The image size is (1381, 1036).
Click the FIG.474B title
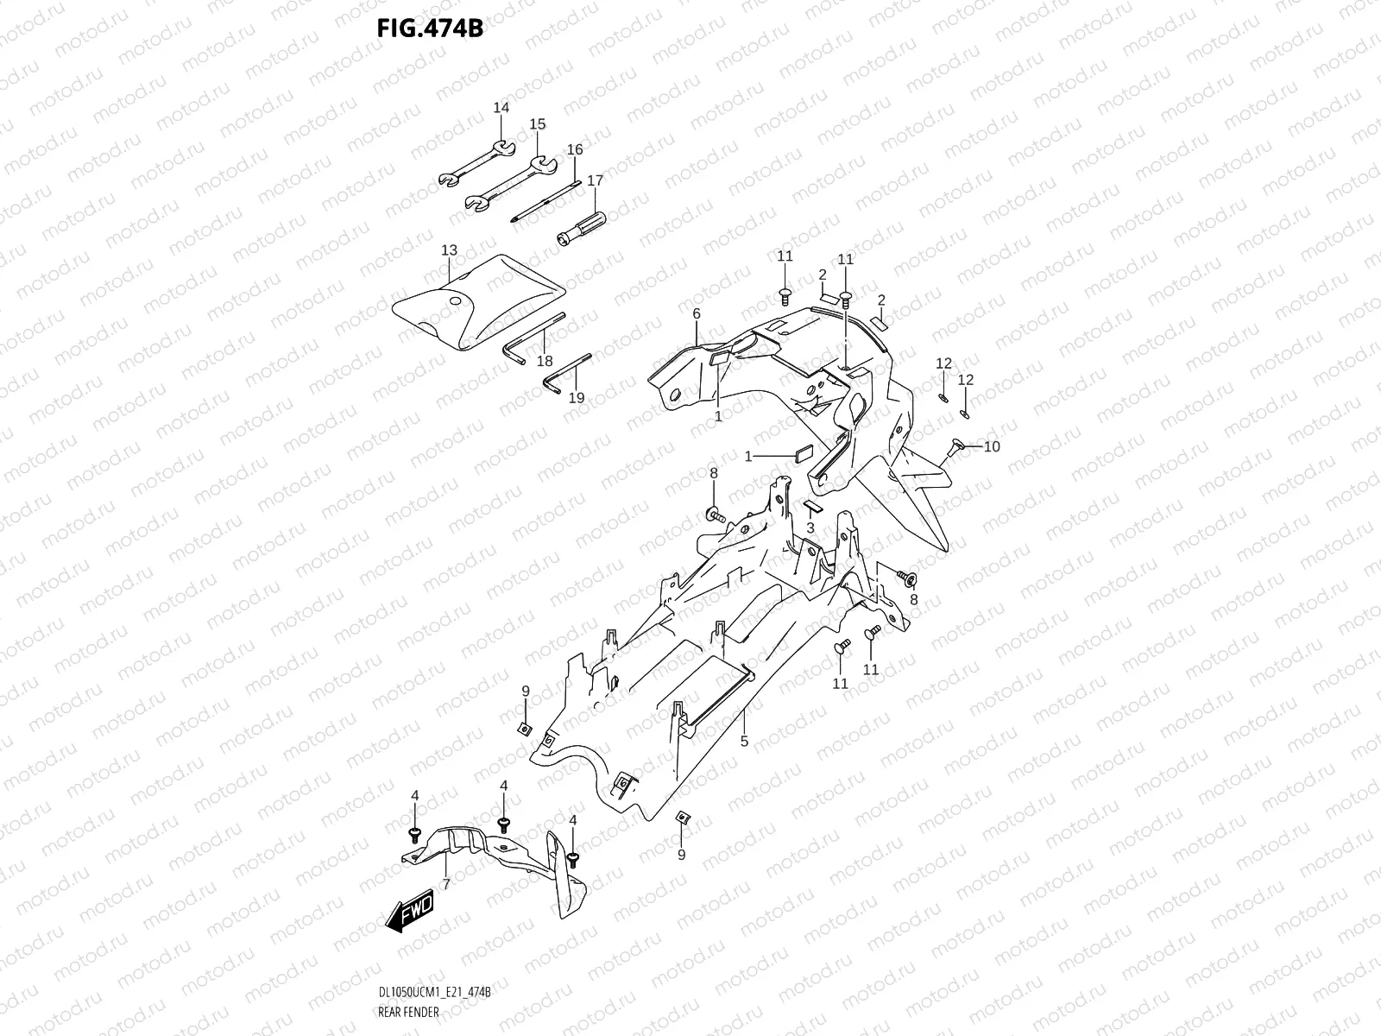point(431,28)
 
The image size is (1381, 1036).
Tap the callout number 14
point(501,108)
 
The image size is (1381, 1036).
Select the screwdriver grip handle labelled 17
point(582,229)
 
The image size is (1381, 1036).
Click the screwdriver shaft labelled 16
point(545,201)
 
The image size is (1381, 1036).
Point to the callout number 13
point(449,250)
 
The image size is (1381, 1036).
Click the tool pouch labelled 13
point(478,302)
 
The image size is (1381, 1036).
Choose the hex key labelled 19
point(567,373)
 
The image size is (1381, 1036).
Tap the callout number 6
point(697,313)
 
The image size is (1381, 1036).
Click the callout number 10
point(992,446)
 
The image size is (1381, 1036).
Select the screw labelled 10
point(956,447)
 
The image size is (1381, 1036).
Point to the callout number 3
point(810,528)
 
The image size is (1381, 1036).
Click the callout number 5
point(744,742)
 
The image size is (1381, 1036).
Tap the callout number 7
point(446,884)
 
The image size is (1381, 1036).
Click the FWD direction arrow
point(410,910)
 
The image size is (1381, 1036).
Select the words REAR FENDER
point(409,1012)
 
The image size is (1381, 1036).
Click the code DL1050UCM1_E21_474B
point(435,993)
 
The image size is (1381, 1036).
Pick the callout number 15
point(538,124)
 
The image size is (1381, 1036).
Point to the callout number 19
point(577,397)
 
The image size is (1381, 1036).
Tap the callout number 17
point(596,180)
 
